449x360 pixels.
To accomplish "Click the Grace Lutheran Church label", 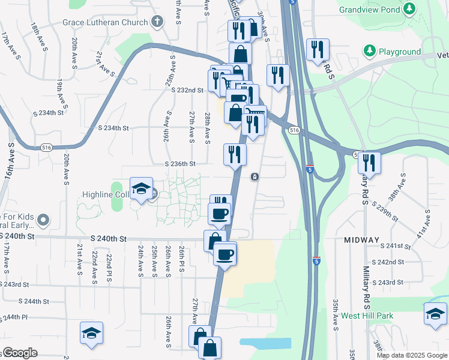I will [x=104, y=23].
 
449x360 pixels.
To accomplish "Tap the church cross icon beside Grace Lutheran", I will [x=157, y=23].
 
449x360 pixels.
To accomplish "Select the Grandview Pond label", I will [x=369, y=10].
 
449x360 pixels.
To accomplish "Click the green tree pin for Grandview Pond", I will [x=409, y=9].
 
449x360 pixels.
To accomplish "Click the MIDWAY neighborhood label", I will [x=362, y=240].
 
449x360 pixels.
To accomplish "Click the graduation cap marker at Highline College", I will [x=141, y=189].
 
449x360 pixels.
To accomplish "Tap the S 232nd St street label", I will [x=187, y=90].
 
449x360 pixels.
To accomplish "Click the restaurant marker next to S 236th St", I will [x=235, y=154].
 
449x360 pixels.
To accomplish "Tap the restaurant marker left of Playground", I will [x=318, y=50].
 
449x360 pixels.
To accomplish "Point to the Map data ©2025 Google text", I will [x=412, y=355].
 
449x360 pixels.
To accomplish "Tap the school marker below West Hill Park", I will [x=435, y=314].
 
